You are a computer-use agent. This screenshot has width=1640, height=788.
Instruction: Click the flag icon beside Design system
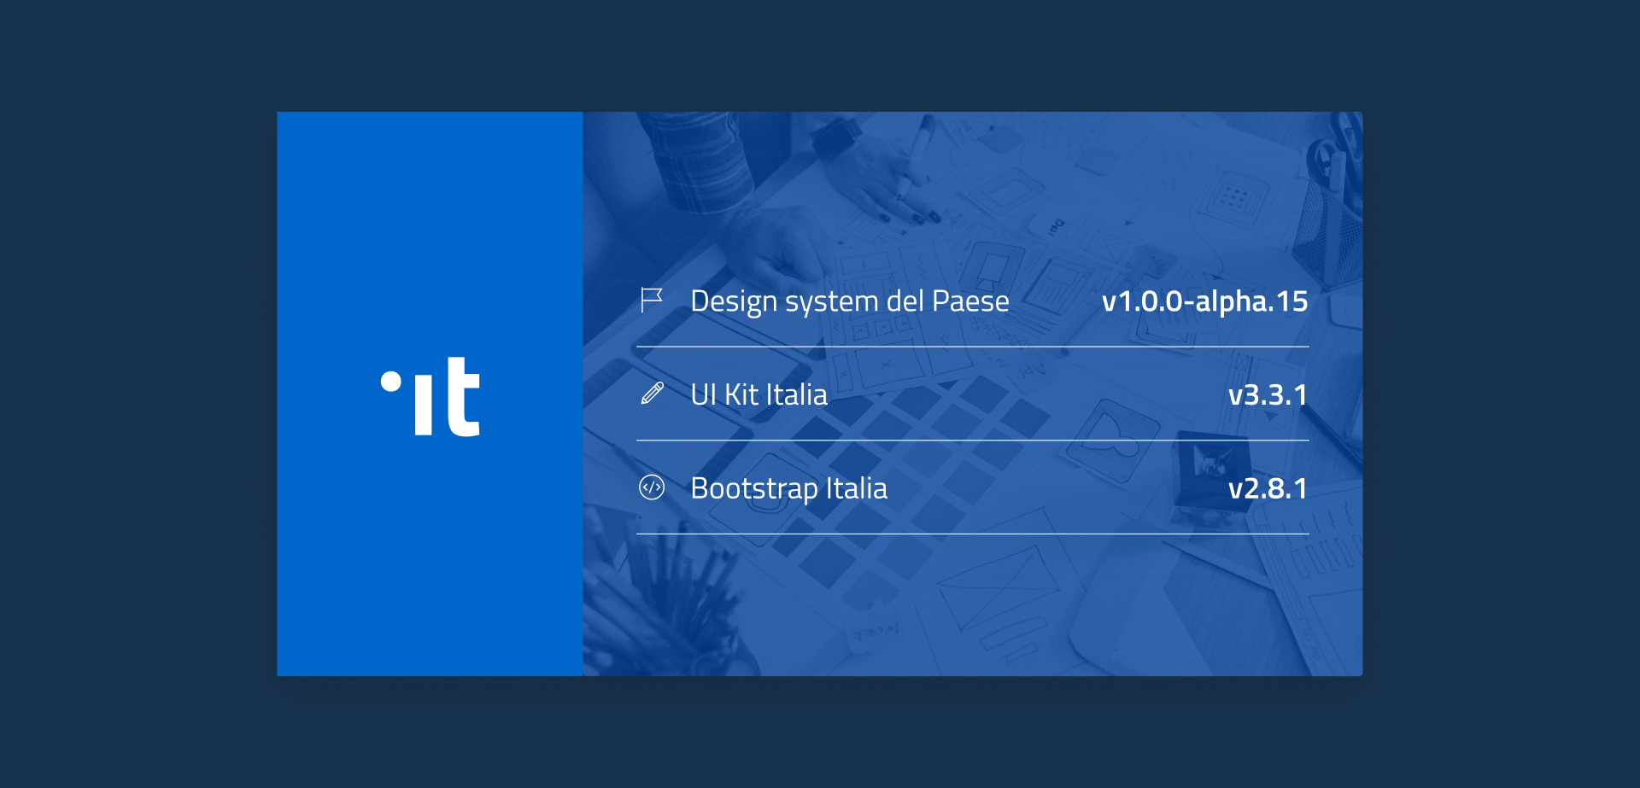click(x=652, y=301)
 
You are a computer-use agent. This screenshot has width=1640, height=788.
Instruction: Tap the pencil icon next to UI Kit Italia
click(x=653, y=394)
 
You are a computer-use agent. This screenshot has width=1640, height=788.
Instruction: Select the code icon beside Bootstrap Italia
click(x=652, y=487)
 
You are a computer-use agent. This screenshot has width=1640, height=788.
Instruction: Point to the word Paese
click(x=970, y=301)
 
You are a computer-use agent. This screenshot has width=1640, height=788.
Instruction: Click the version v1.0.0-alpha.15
click(x=1204, y=301)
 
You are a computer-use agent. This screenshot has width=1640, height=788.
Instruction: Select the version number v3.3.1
click(x=1268, y=395)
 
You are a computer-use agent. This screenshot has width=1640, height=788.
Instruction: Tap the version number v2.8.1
click(x=1268, y=488)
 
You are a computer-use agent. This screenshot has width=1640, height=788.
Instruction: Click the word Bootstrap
click(x=754, y=489)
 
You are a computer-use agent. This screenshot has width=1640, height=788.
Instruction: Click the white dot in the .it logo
click(x=391, y=381)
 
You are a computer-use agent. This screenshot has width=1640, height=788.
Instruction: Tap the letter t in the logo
click(x=463, y=398)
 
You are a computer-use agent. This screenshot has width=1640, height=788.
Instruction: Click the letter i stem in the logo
click(x=424, y=408)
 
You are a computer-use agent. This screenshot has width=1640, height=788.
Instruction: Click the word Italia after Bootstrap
click(x=856, y=488)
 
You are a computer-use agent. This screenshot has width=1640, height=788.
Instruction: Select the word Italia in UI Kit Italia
click(x=796, y=394)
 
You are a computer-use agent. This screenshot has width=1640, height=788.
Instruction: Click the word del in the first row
click(x=905, y=301)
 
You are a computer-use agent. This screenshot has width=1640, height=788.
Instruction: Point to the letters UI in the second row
click(x=703, y=394)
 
